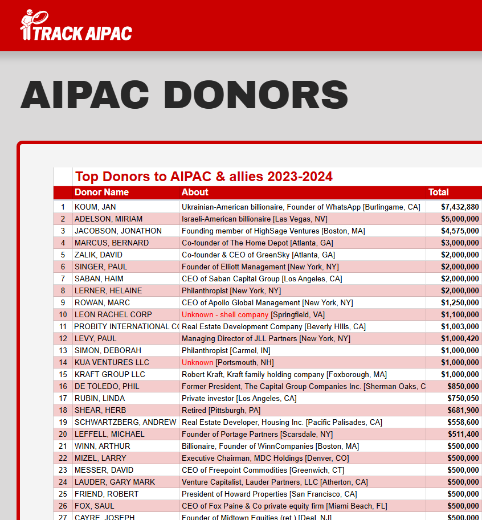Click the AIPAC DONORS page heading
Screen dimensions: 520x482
(184, 95)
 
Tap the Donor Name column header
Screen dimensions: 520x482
(101, 193)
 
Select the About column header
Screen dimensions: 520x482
(195, 193)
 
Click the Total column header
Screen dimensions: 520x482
(438, 193)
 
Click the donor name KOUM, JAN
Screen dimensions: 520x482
(95, 207)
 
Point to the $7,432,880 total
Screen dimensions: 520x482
(460, 207)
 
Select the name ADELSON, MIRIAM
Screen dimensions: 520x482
(108, 219)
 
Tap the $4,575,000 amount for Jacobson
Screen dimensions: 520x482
(460, 231)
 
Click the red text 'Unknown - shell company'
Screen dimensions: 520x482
(225, 314)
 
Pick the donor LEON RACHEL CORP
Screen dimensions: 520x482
(113, 314)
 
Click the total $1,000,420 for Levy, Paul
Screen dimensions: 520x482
(460, 338)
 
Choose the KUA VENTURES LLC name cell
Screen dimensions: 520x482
(112, 362)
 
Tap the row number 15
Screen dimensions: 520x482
(63, 374)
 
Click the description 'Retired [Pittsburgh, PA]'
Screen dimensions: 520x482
(225, 410)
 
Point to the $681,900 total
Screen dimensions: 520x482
(463, 410)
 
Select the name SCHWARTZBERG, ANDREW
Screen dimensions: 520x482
(125, 422)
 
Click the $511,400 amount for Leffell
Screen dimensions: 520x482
(463, 434)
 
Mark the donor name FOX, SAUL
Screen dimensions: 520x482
(94, 506)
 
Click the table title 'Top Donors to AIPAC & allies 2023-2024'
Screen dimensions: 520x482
(204, 177)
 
